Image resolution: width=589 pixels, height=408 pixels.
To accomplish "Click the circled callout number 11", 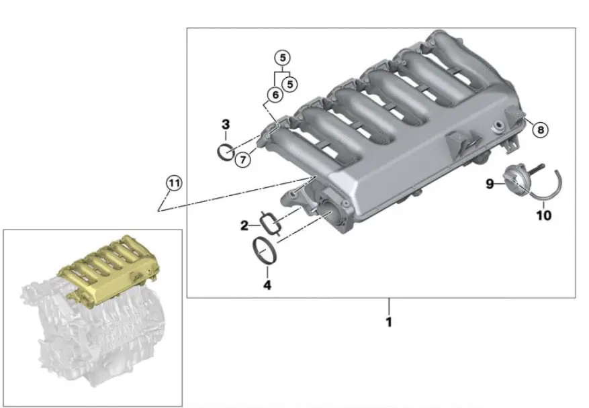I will (x=174, y=183).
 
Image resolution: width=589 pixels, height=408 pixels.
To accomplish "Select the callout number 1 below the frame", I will (x=388, y=322).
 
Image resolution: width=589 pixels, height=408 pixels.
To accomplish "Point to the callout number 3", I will (x=226, y=124).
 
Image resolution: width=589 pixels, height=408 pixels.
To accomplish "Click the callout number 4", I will (x=267, y=285).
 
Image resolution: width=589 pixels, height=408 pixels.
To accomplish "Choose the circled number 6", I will (x=273, y=95).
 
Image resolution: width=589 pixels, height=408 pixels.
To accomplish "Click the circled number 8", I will (x=541, y=128).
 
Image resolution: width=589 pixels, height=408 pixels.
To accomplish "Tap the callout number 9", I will (x=490, y=183).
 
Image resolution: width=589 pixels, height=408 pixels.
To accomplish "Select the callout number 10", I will (x=543, y=215).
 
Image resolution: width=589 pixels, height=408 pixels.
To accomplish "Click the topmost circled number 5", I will (x=283, y=57).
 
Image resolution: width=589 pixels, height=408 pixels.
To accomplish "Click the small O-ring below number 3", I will (x=227, y=152).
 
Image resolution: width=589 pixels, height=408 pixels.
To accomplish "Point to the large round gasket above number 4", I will (x=267, y=251).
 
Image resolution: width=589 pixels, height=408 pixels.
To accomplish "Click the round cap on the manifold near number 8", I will (x=498, y=126).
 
